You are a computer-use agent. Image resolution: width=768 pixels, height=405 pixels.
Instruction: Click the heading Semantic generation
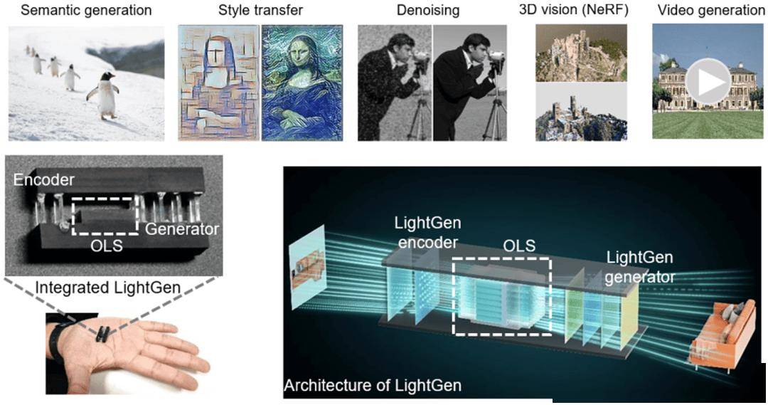(86, 10)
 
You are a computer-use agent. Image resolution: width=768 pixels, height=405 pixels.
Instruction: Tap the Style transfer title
(260, 10)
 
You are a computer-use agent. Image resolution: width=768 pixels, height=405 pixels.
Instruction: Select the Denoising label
(428, 10)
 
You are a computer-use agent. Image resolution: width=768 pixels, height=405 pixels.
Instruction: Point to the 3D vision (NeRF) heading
(574, 10)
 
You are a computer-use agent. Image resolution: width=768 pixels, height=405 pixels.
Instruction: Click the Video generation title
(711, 10)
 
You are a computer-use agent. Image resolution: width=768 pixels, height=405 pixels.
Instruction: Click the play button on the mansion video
(708, 83)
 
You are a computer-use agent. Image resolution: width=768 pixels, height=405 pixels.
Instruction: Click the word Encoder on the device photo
(43, 179)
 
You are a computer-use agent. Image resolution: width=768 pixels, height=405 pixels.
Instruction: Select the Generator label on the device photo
(182, 228)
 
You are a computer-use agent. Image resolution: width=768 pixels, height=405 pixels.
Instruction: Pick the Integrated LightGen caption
(108, 287)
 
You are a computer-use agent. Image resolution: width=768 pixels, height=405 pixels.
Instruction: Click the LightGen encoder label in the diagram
(428, 233)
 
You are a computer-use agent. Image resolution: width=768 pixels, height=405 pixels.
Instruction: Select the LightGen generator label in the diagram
(640, 267)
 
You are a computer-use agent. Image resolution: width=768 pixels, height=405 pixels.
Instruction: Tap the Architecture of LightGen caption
(373, 385)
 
